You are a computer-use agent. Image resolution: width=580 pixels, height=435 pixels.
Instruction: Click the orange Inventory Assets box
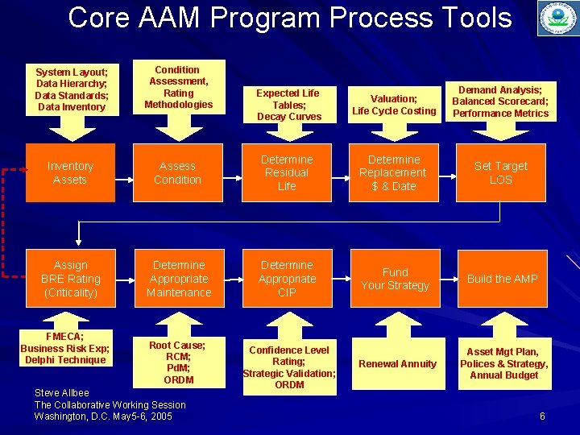(70, 172)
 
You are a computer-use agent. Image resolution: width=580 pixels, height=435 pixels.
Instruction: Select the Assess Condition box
(178, 172)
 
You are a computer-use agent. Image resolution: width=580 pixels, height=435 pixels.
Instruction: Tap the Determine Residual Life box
(287, 172)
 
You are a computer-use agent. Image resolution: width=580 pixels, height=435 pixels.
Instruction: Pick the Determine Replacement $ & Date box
(393, 172)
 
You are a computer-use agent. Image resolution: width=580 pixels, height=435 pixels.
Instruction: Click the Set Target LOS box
(501, 172)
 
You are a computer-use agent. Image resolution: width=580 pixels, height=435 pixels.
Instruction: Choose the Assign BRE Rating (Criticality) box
(70, 279)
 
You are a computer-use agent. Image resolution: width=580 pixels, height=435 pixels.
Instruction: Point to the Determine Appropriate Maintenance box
(178, 279)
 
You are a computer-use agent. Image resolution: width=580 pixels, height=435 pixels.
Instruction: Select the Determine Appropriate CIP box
(287, 279)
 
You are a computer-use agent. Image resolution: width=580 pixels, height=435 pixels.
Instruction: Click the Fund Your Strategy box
(395, 279)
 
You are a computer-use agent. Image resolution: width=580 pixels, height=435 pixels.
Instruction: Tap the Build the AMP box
(502, 279)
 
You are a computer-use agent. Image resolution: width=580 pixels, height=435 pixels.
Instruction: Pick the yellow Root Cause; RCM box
(178, 362)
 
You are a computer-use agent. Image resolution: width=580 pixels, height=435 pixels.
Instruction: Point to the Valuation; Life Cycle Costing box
(394, 105)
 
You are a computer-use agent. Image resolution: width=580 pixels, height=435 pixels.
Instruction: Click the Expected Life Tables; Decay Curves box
(288, 105)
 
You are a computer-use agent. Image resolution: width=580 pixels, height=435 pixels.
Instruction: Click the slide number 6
(542, 416)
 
